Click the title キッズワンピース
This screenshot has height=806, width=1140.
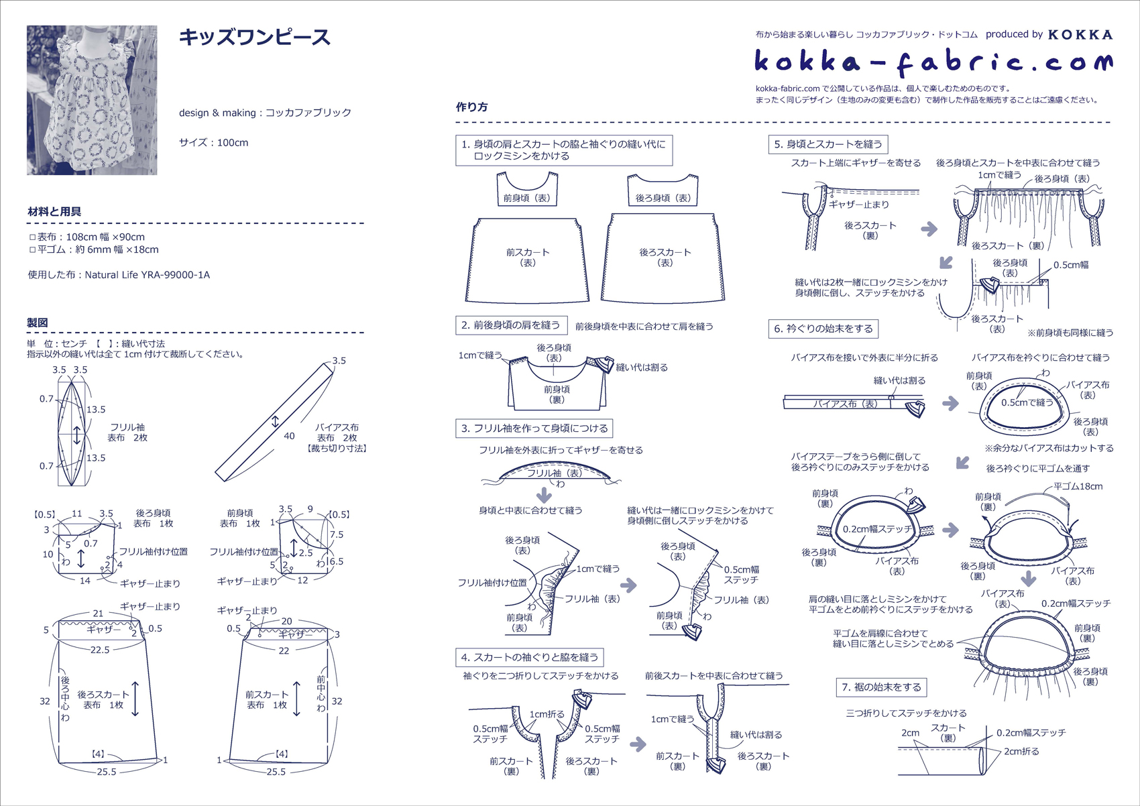[254, 38]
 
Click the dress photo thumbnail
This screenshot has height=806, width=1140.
[92, 100]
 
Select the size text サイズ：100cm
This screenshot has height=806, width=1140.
[214, 142]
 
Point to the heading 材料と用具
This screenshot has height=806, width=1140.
[54, 212]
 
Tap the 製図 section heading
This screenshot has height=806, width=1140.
[38, 323]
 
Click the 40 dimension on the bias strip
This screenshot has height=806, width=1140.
[289, 436]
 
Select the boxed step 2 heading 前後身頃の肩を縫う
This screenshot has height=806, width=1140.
[510, 325]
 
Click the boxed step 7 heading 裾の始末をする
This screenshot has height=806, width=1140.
[881, 687]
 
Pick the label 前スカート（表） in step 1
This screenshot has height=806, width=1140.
[528, 257]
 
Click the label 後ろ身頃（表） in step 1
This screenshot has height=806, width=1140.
[663, 198]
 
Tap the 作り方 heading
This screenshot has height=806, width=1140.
[472, 107]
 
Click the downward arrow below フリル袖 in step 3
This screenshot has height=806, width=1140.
[544, 495]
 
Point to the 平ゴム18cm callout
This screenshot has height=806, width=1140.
[1078, 486]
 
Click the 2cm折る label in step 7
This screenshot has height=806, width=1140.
[1021, 752]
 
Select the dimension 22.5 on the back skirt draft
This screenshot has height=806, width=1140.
[100, 650]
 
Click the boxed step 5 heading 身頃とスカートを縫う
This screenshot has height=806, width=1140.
[828, 145]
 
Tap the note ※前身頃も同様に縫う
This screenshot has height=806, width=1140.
[1070, 333]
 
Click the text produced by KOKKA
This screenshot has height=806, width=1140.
[1049, 35]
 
